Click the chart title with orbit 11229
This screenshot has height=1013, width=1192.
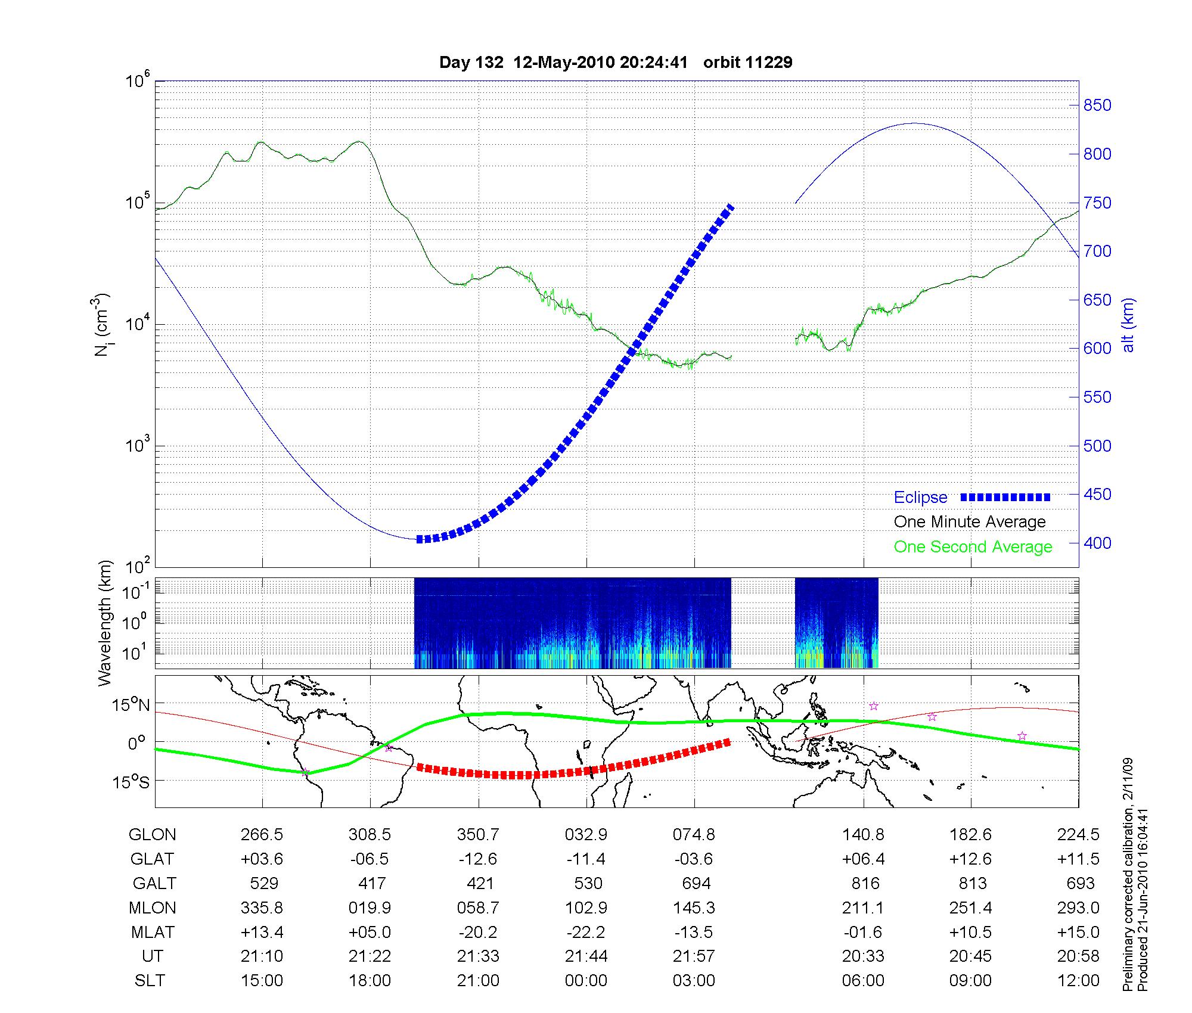click(616, 63)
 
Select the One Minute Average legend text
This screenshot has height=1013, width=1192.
click(970, 522)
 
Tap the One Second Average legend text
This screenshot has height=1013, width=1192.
click(973, 547)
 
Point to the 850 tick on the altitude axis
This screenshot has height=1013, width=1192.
click(1097, 105)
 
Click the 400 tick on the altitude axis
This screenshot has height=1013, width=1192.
click(1097, 543)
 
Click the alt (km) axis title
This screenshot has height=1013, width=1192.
click(1128, 325)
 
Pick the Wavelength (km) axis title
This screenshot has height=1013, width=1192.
click(105, 623)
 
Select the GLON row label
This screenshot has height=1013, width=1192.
click(152, 835)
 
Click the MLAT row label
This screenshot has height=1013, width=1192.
click(153, 932)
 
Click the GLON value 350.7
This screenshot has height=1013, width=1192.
click(478, 835)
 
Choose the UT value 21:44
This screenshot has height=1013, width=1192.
click(586, 956)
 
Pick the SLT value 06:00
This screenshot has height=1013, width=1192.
click(863, 981)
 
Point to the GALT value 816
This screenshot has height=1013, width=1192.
click(865, 883)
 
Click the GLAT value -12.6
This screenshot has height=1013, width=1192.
click(478, 859)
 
